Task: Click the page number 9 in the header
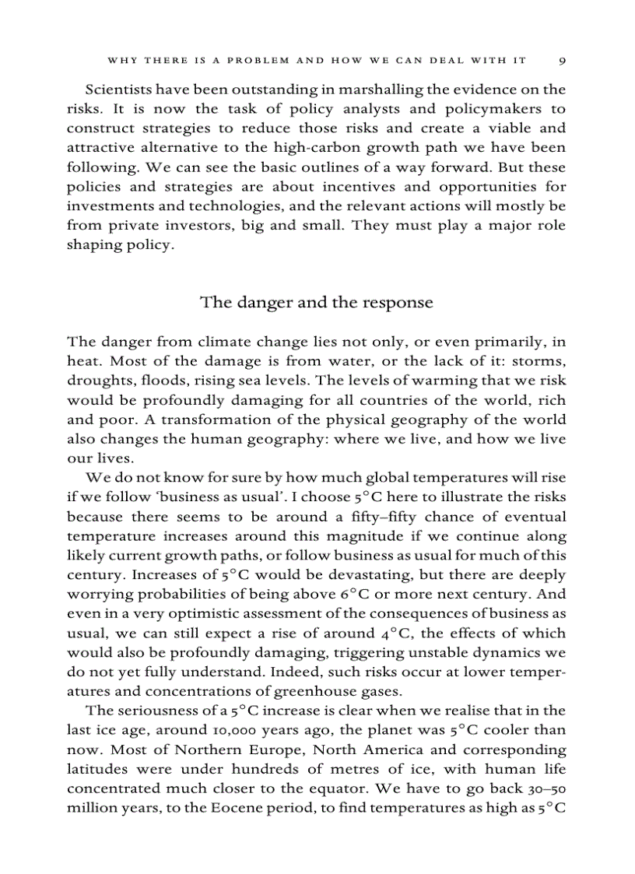pyautogui.click(x=562, y=60)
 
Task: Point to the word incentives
pyautogui.click(x=350, y=187)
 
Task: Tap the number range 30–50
pyautogui.click(x=546, y=789)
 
